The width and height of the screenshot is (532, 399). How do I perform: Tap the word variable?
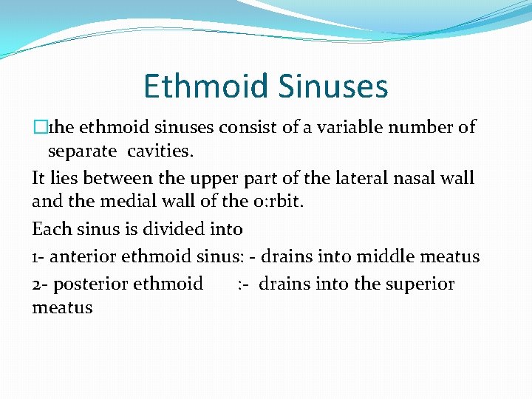point(344,127)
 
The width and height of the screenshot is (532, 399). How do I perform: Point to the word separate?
point(82,152)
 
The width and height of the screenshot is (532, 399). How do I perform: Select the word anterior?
point(85,257)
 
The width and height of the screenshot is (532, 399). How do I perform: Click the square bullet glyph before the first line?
point(39,127)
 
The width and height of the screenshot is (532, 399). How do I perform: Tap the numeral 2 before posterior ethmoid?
point(37,284)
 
